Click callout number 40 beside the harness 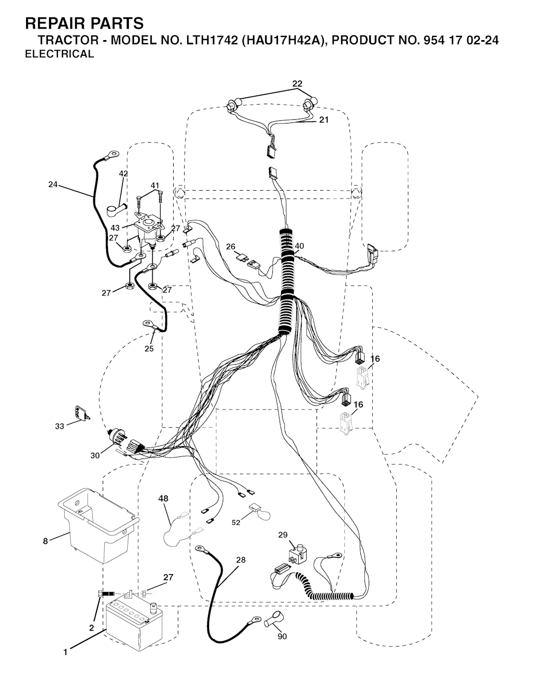click(x=299, y=246)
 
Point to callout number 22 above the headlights click(x=297, y=83)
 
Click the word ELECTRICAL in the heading click(x=59, y=54)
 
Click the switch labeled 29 click(x=297, y=555)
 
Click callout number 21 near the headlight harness click(x=324, y=120)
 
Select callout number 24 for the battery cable click(x=53, y=184)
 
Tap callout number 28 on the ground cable click(x=241, y=560)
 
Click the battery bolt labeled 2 click(x=107, y=594)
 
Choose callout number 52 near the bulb click(x=236, y=522)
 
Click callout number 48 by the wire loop click(x=163, y=498)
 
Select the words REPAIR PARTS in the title click(x=84, y=23)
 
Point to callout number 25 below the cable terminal click(x=149, y=349)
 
